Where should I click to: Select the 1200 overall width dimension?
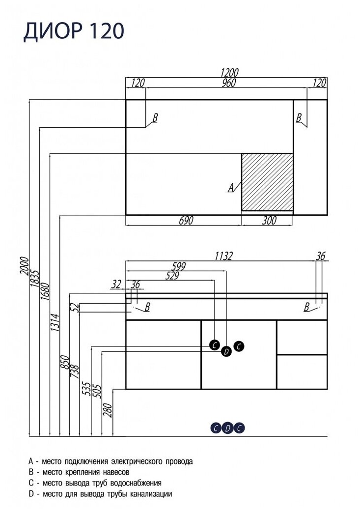click(226, 72)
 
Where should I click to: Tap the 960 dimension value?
click(228, 83)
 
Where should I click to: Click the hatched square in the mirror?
click(267, 181)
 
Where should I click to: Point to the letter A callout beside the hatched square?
click(230, 187)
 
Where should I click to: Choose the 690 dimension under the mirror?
click(184, 221)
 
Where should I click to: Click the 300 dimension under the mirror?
click(268, 221)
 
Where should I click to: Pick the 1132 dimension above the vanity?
click(223, 256)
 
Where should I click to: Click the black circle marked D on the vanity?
click(226, 351)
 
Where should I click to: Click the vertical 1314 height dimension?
click(55, 323)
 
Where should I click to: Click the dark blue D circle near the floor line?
click(227, 428)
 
